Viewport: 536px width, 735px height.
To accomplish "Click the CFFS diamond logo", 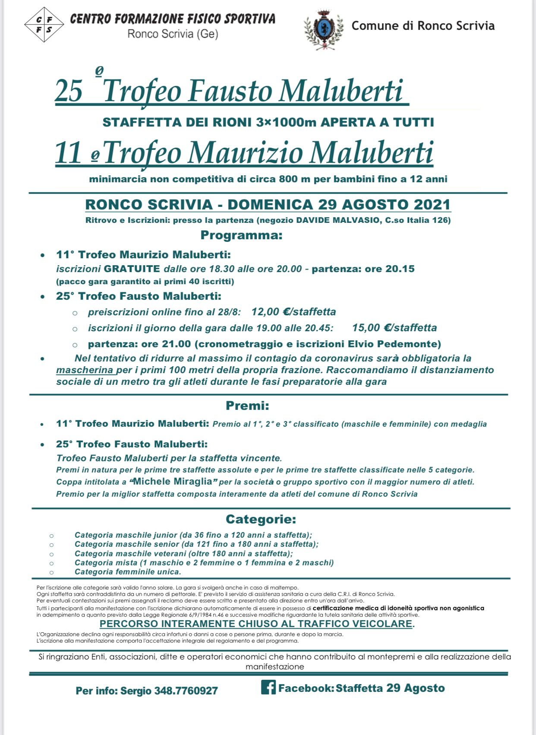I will pos(44,25).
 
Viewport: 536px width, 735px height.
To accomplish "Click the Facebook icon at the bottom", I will pos(268,687).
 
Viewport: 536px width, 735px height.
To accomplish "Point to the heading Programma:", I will pos(241,236).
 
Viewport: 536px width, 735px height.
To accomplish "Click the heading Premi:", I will pos(247,406).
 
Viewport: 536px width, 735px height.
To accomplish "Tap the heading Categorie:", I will pos(261,519).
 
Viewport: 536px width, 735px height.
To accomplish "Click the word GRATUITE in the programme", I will pos(132,269).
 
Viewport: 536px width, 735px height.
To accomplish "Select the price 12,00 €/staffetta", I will pos(293,312).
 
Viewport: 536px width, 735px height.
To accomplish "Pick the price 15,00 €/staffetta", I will pos(394,328).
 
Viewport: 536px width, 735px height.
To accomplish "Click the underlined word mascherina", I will pos(85,370).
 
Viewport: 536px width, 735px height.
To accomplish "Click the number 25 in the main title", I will pos(69,92).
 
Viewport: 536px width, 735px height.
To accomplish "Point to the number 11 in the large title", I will pos(68,153).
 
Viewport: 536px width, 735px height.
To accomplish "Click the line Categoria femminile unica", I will pos(127,572).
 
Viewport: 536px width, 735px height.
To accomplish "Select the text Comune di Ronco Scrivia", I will pos(423,26).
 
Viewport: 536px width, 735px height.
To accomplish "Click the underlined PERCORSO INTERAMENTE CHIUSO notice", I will pos(257,624).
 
